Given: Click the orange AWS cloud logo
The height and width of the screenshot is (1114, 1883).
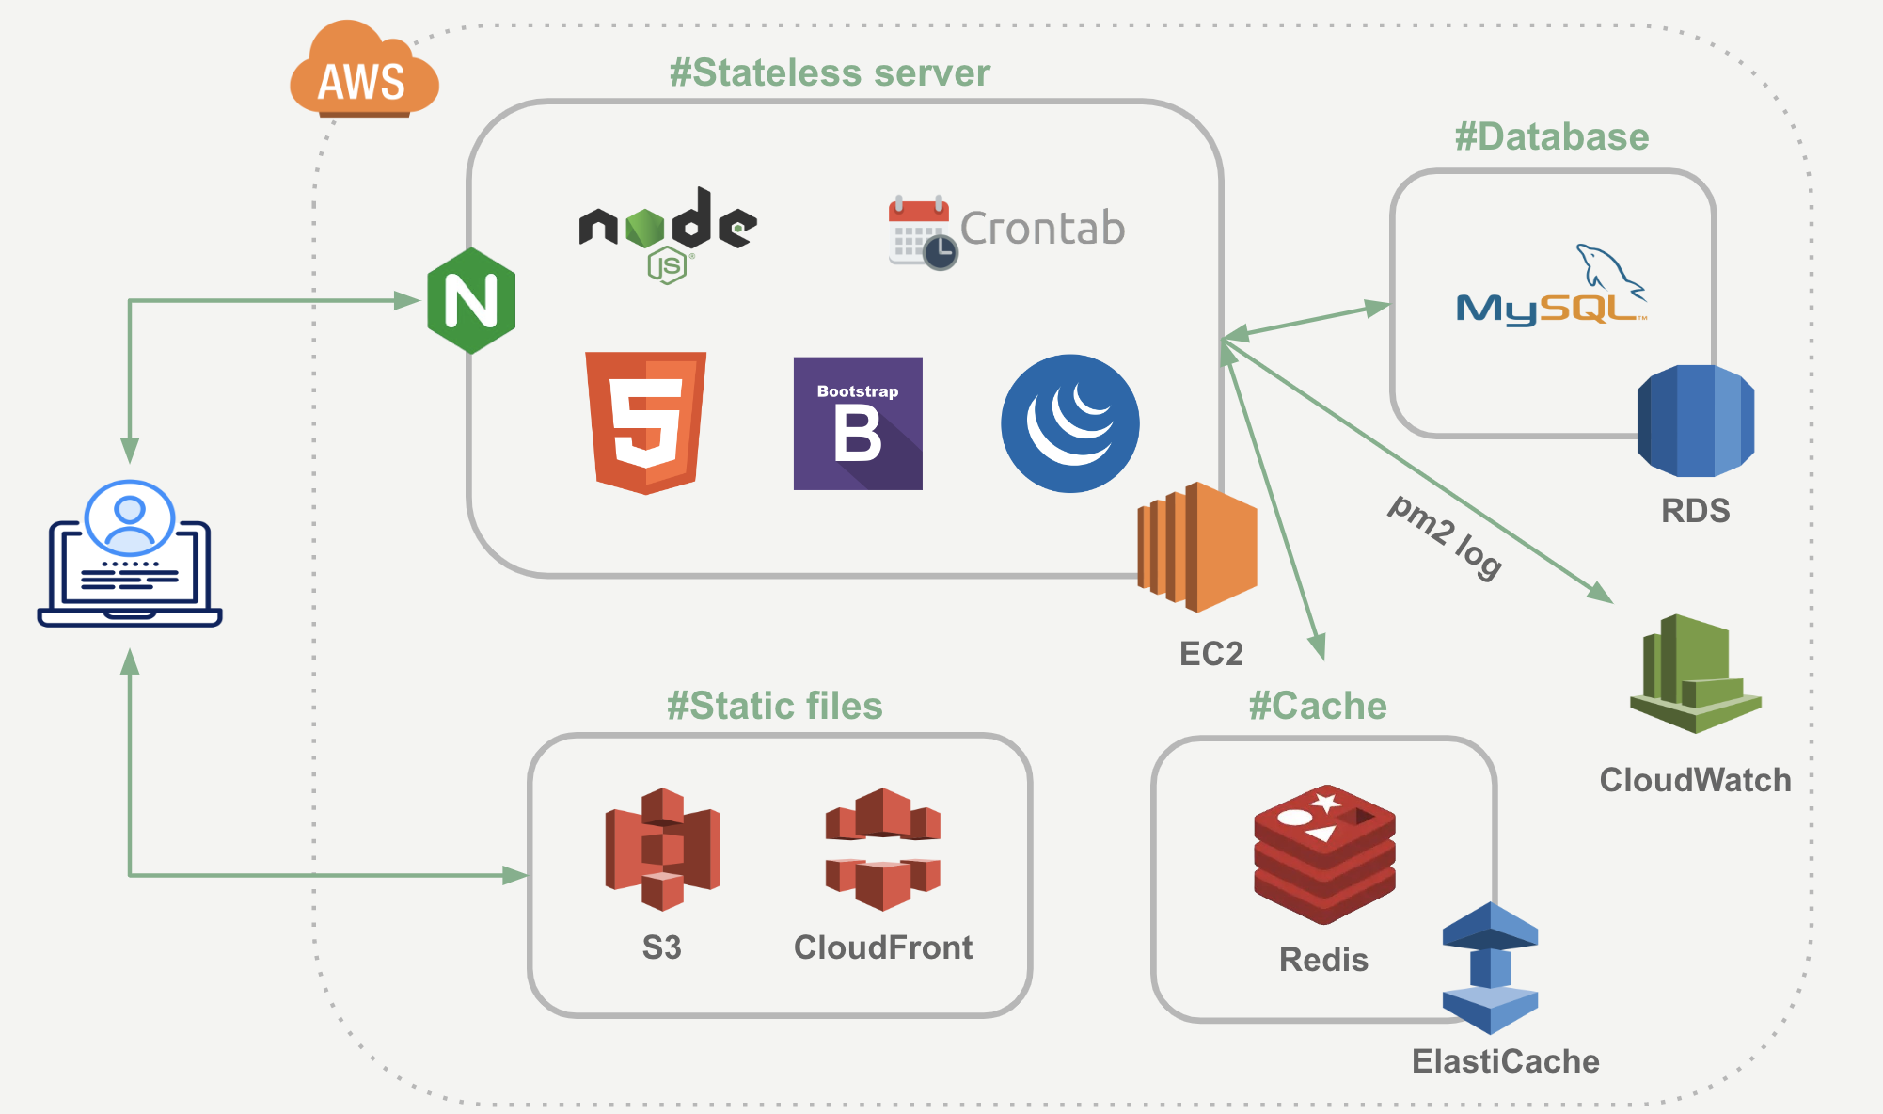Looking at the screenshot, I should tap(364, 72).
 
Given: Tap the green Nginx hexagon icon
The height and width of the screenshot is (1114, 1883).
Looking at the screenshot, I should tap(471, 301).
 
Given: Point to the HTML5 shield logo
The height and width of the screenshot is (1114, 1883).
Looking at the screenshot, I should tap(645, 422).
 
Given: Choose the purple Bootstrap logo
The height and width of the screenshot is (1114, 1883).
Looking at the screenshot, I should tap(858, 423).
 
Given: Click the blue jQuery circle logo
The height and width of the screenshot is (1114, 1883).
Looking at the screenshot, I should tap(1070, 423).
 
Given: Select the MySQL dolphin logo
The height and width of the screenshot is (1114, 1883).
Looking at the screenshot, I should tap(1552, 288).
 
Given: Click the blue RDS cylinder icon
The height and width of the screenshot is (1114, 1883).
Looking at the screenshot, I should tap(1696, 421).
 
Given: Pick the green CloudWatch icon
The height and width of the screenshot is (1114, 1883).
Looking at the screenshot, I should tap(1695, 674).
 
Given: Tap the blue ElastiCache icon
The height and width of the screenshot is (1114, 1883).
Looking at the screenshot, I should tap(1490, 968).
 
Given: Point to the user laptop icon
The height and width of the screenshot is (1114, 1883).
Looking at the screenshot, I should tap(130, 554).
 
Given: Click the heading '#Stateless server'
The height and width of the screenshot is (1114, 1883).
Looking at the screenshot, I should tap(830, 73).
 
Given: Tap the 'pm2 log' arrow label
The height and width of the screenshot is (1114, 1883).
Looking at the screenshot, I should tap(1445, 536).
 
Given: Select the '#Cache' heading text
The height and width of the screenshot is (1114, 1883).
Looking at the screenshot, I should tap(1318, 706).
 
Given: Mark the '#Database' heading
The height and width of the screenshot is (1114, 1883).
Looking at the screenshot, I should tap(1552, 137).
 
